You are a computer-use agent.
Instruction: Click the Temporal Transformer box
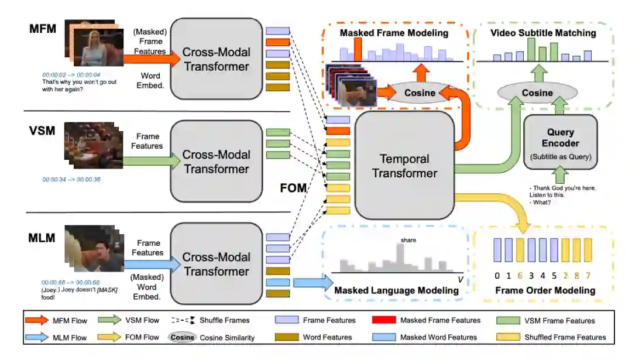pos(404,166)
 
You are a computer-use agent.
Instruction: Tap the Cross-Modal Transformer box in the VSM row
pos(216,162)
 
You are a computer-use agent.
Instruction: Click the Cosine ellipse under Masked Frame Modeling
pos(420,92)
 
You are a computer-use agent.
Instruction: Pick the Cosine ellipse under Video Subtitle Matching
pos(537,92)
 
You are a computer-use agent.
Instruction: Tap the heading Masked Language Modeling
pos(396,290)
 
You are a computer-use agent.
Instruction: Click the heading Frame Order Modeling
pos(545,290)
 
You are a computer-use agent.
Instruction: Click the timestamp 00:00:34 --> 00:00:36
pos(71,179)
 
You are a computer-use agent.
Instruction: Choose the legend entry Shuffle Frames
pos(224,320)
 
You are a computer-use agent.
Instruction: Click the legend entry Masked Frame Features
pos(440,320)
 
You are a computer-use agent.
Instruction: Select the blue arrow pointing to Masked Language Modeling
pos(310,283)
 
